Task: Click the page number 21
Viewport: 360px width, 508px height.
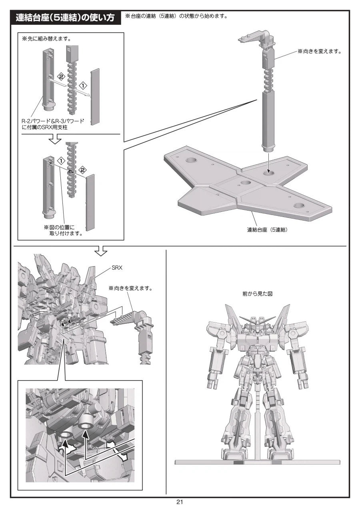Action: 180,502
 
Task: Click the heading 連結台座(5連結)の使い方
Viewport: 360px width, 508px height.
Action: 65,18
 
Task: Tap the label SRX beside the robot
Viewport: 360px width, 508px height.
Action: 117,268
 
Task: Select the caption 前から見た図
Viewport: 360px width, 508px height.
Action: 257,294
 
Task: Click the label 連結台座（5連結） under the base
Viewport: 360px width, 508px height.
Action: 267,230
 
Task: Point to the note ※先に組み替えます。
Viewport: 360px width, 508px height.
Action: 46,39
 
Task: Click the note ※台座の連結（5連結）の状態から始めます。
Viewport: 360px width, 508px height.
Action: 176,16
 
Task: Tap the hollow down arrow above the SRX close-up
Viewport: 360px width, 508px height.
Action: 101,250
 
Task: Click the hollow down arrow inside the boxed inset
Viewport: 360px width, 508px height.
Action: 55,138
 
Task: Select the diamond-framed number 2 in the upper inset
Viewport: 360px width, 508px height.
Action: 61,76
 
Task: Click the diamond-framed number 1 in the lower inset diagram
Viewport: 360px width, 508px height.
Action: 61,161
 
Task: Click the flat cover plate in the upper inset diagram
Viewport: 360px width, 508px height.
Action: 95,97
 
